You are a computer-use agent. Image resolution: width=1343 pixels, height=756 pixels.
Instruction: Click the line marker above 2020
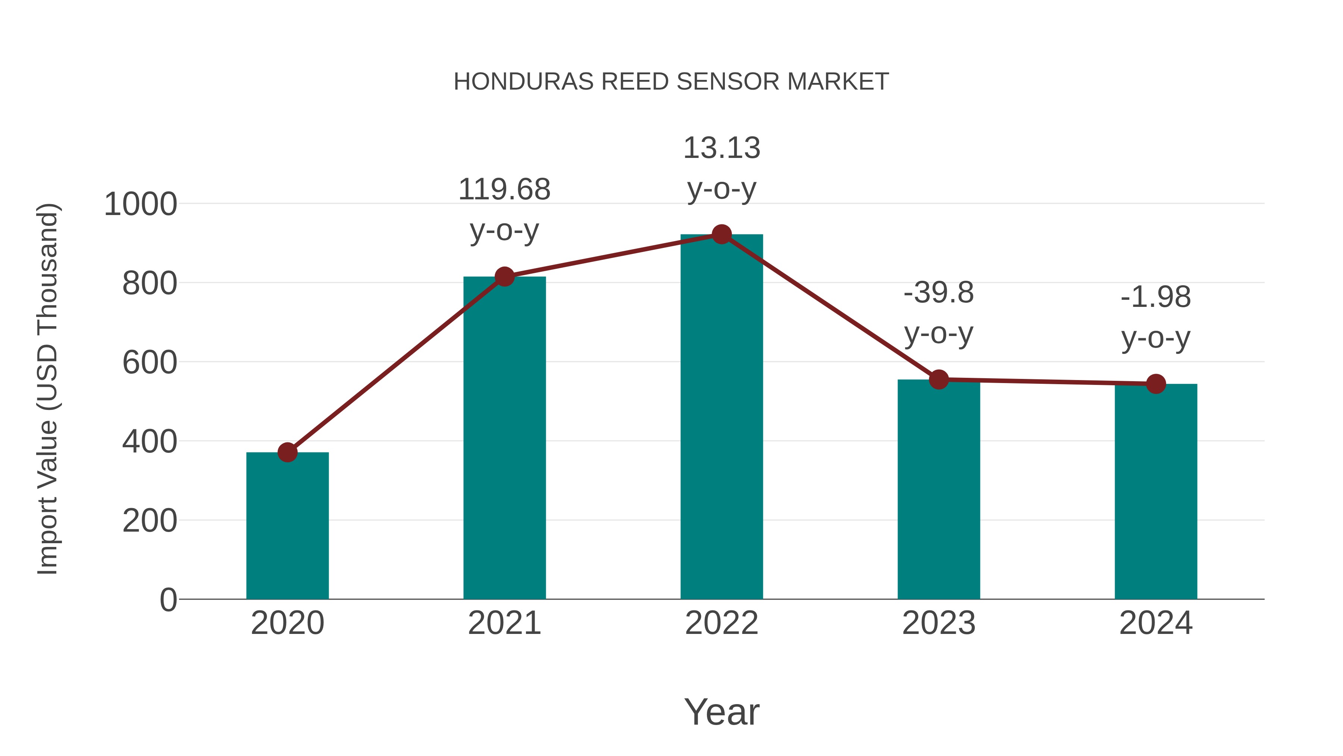pos(287,452)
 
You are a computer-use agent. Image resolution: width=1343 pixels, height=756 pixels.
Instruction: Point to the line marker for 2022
pos(721,235)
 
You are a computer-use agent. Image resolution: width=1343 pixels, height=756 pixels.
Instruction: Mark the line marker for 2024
pos(1156,384)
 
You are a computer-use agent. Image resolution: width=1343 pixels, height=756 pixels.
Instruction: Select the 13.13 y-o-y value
pos(721,148)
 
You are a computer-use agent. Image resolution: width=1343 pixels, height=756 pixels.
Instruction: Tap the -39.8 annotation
pos(939,293)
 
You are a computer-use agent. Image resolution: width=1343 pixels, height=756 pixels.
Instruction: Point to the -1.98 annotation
pos(1156,298)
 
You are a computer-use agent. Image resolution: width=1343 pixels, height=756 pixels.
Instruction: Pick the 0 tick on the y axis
pos(168,600)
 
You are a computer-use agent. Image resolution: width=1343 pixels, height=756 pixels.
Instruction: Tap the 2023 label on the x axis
pos(939,623)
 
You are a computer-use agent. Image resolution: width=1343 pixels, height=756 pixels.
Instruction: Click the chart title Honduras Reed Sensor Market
pos(671,82)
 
